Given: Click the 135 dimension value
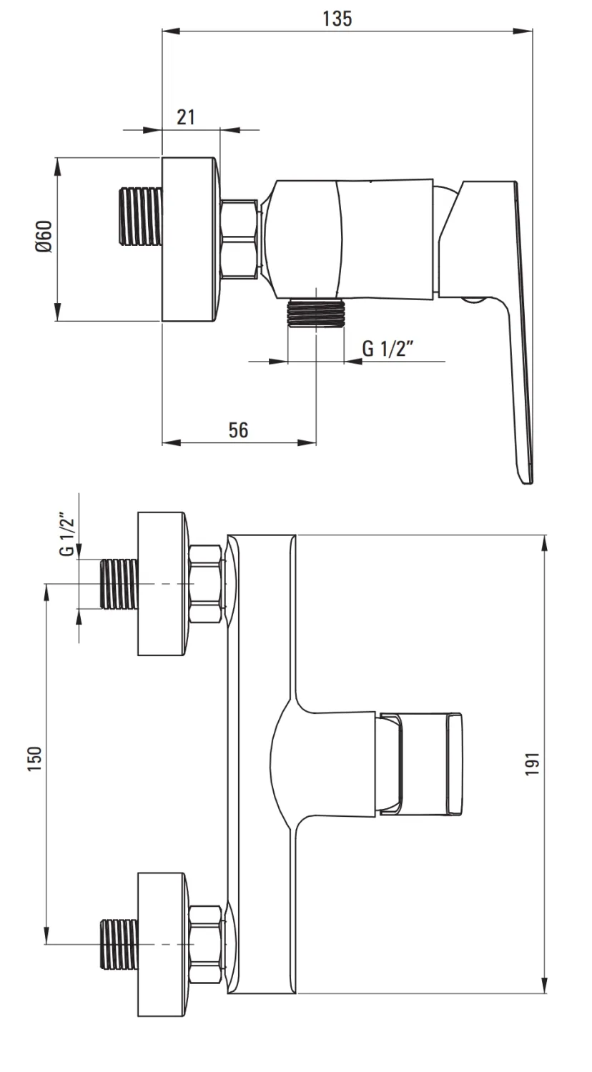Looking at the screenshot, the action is (x=337, y=19).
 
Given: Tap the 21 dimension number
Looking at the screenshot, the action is (x=186, y=117).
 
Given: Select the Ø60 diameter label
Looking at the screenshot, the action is (x=44, y=237).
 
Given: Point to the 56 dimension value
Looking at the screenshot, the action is (x=239, y=430).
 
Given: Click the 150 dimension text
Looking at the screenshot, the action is (x=34, y=758).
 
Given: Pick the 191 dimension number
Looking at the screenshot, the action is (x=532, y=764).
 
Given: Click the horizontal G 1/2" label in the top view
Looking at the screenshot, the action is (x=388, y=348).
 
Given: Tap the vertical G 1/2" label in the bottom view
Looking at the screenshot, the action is (x=67, y=535).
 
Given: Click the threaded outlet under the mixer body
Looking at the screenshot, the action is (x=315, y=313).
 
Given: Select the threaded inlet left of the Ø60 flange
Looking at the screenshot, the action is (x=140, y=217).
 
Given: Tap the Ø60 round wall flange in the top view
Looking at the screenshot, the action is (x=191, y=239).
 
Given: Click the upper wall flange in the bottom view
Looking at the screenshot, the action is (x=162, y=584).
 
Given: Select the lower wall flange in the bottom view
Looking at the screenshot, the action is (x=162, y=944).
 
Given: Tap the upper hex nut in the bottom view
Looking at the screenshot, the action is (x=206, y=584).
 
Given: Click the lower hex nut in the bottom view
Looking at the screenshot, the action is (x=206, y=944).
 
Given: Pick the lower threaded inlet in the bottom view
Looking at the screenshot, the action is (x=119, y=944).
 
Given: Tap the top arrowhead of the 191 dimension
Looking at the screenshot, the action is (x=545, y=545).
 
